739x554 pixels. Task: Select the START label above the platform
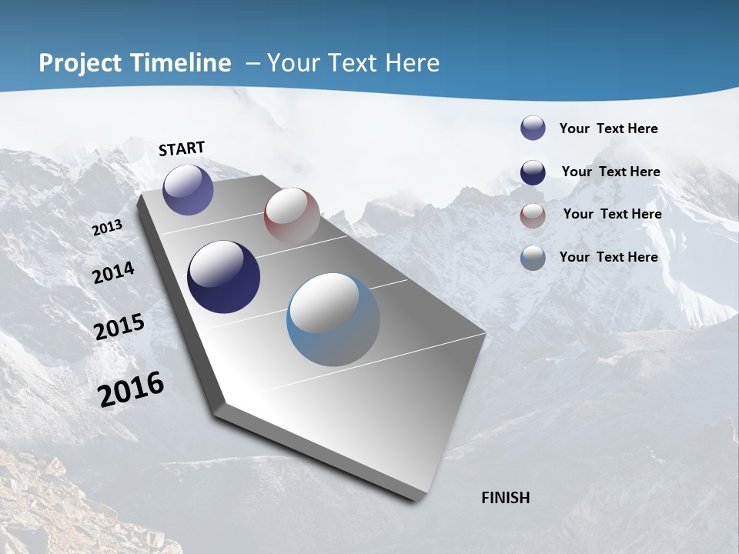pos(182,149)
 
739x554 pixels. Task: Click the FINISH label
pos(505,498)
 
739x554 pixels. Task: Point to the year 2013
pos(107,228)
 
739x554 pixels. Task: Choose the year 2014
pos(113,273)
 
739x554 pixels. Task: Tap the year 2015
pos(119,327)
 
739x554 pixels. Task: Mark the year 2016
pos(131,389)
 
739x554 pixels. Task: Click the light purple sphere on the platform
pos(188,190)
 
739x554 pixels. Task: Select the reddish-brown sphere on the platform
pos(292,215)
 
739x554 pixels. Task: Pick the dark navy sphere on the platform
pos(224,277)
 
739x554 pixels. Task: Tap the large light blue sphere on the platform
pos(333,319)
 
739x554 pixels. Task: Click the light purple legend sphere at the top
pos(533,128)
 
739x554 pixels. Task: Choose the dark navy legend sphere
pos(533,172)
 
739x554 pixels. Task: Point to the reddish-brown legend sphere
pos(533,215)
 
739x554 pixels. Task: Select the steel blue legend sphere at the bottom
pos(533,258)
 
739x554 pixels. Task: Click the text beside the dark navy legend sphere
pos(610,172)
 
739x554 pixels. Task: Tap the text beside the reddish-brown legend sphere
pos(612,214)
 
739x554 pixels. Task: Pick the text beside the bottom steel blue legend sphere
pos(608,257)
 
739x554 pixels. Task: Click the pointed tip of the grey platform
pos(416,499)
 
